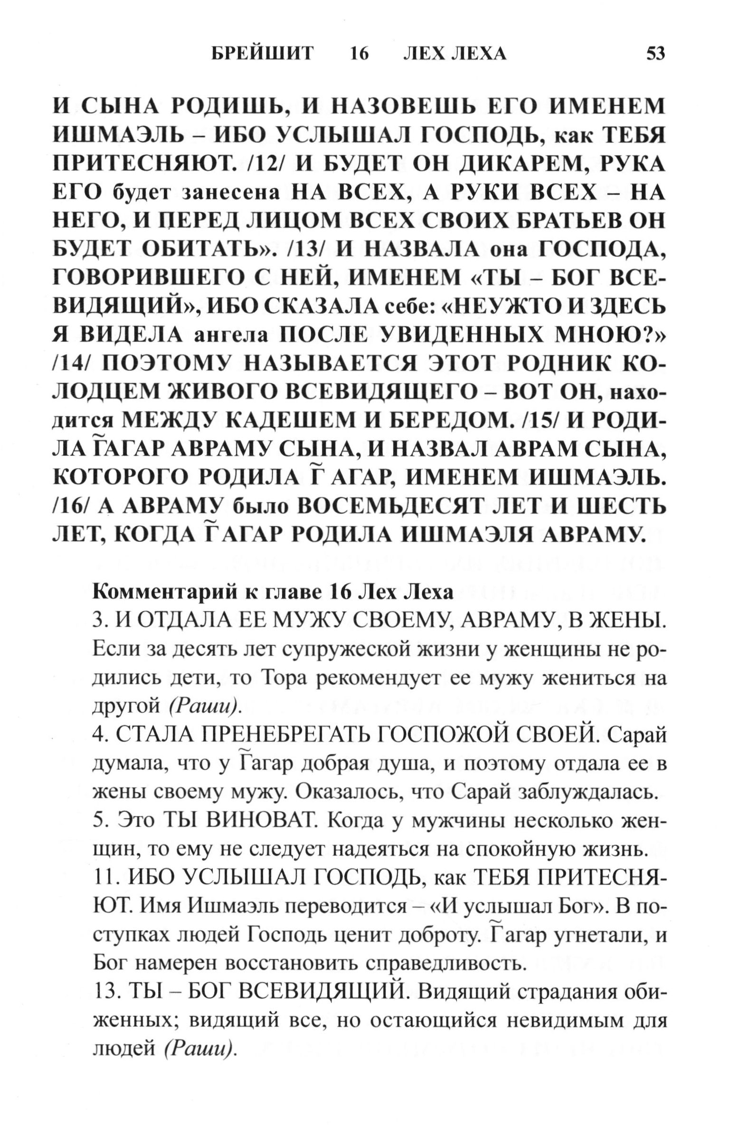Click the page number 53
pos(655,53)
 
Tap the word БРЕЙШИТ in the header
pos(262,53)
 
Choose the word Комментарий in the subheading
pos(163,593)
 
